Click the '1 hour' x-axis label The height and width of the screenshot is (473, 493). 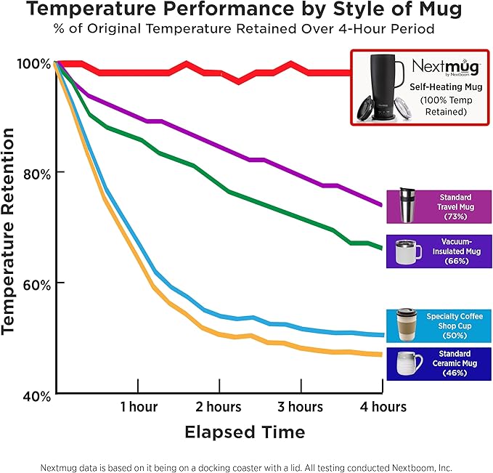pos(139,406)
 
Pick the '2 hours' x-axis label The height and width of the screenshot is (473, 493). pos(219,406)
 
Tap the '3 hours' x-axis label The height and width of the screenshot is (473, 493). pos(300,406)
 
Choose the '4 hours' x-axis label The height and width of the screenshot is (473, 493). pos(383,406)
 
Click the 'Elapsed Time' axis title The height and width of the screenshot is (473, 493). pos(245,432)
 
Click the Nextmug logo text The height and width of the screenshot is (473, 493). pos(445,67)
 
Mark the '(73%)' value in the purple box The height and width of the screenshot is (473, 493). pos(455,217)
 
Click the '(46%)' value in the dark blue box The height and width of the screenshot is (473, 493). pos(455,373)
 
